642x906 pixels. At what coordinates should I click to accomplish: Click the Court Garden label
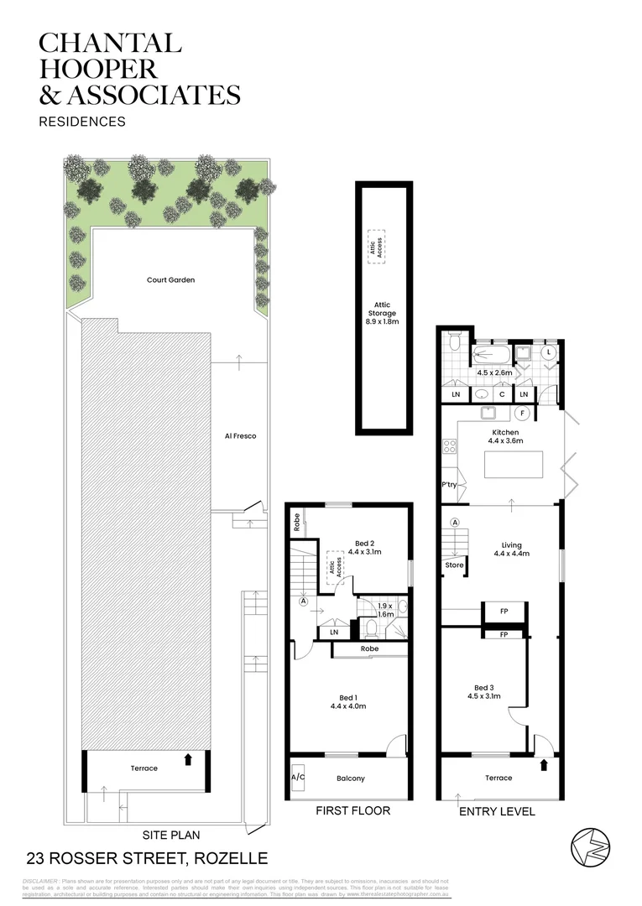pyautogui.click(x=170, y=279)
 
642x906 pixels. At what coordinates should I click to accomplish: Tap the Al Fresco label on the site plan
pyautogui.click(x=240, y=435)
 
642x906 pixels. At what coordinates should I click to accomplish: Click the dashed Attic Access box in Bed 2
pyautogui.click(x=335, y=567)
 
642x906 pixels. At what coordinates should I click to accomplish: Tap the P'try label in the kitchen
pyautogui.click(x=448, y=486)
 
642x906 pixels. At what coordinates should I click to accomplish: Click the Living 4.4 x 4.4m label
pyautogui.click(x=510, y=548)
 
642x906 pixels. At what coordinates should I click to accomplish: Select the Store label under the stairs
pyautogui.click(x=454, y=565)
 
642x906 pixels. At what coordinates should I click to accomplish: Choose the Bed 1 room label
pyautogui.click(x=348, y=700)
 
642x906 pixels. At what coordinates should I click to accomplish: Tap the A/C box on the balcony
pyautogui.click(x=298, y=778)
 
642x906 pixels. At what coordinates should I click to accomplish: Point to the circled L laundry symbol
pyautogui.click(x=549, y=353)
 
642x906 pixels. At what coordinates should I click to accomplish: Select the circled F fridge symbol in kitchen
pyautogui.click(x=522, y=413)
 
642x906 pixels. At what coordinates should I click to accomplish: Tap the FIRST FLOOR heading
pyautogui.click(x=352, y=811)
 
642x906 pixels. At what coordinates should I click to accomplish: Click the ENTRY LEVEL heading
pyautogui.click(x=498, y=811)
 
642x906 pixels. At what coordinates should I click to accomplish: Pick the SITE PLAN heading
pyautogui.click(x=170, y=835)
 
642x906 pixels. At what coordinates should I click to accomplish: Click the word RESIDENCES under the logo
pyautogui.click(x=82, y=122)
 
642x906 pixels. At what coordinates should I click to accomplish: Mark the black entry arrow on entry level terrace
pyautogui.click(x=545, y=764)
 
